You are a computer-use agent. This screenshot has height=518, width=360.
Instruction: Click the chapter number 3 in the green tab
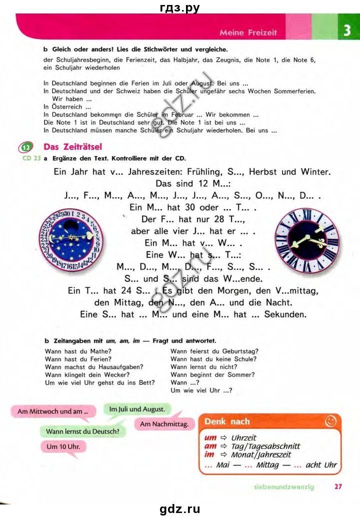click(x=346, y=31)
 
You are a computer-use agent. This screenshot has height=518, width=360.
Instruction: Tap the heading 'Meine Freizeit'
click(x=248, y=33)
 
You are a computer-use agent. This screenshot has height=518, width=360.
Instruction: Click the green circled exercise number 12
click(x=26, y=148)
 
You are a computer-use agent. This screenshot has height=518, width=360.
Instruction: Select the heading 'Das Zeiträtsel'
click(x=73, y=147)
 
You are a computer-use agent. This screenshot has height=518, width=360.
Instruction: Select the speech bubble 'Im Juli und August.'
click(x=137, y=409)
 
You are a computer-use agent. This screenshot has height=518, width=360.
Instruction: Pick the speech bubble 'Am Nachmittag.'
click(x=164, y=424)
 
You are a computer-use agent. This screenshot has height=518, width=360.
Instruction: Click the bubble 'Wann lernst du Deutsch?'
click(x=82, y=431)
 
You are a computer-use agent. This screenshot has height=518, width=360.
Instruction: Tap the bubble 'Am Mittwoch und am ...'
click(x=53, y=411)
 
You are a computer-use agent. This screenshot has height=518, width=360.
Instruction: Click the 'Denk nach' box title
click(x=227, y=421)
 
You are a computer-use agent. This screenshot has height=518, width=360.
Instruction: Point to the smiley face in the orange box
click(x=330, y=421)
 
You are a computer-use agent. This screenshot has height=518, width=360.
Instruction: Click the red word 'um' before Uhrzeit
click(x=210, y=437)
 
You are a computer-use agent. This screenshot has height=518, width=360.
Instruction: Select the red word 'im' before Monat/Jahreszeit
click(x=210, y=454)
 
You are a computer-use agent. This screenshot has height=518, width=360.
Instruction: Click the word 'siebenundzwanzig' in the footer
click(x=284, y=486)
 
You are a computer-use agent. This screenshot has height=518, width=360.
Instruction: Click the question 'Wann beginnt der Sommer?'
click(x=212, y=374)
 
